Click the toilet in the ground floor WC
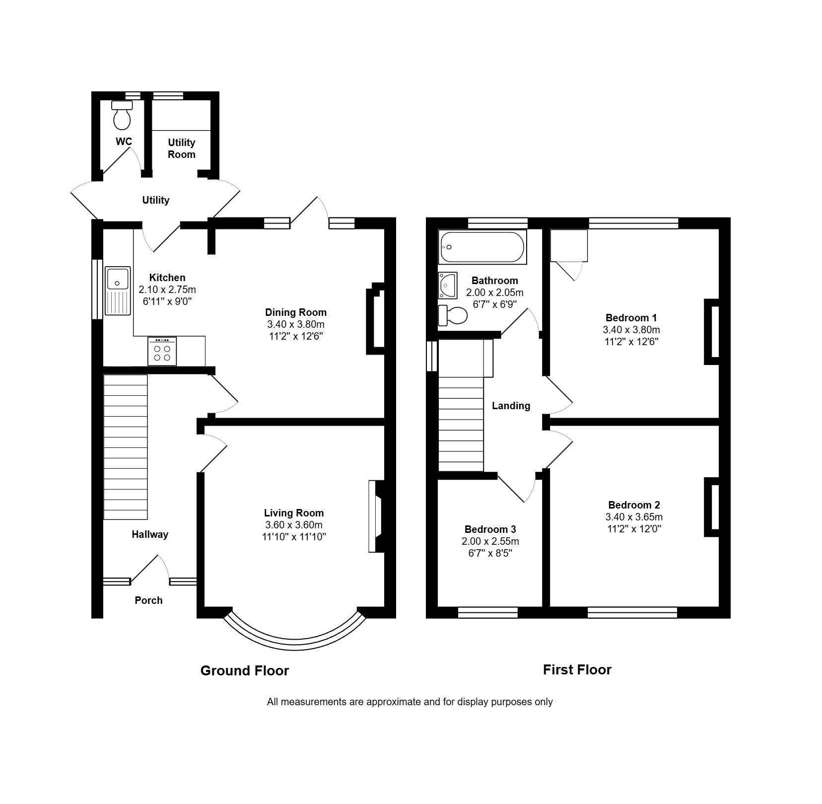pyautogui.click(x=122, y=115)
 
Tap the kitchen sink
pyautogui.click(x=117, y=291)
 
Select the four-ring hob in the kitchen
pyautogui.click(x=162, y=351)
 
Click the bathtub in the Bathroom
pyautogui.click(x=482, y=247)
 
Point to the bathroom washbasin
pyautogui.click(x=447, y=285)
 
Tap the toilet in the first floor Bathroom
pyautogui.click(x=453, y=315)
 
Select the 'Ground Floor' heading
pyautogui.click(x=245, y=671)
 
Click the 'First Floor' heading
pyautogui.click(x=577, y=670)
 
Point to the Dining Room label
pyautogui.click(x=296, y=312)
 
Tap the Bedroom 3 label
pyautogui.click(x=490, y=529)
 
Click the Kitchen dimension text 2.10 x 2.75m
pyautogui.click(x=167, y=290)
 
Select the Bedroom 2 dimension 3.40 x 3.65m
pyautogui.click(x=634, y=517)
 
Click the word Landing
pyautogui.click(x=511, y=406)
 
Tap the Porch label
pyautogui.click(x=148, y=600)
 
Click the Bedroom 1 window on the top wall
pyautogui.click(x=633, y=223)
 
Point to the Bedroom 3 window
pyautogui.click(x=487, y=613)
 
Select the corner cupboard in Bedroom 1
pyautogui.click(x=569, y=245)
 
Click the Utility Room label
pyautogui.click(x=182, y=148)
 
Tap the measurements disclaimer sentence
pyautogui.click(x=410, y=702)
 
